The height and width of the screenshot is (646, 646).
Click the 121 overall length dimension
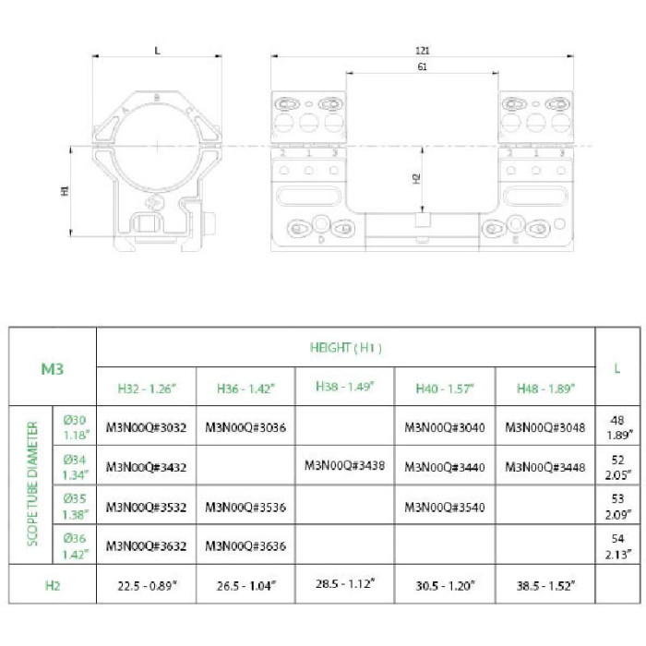point(424,51)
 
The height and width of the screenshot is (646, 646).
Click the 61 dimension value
point(421,67)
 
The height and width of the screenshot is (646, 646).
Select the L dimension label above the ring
point(157,51)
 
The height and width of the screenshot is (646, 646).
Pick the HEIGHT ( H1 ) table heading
point(346,348)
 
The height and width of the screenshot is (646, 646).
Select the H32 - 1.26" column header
point(146,388)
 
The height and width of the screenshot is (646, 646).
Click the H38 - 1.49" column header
point(345,386)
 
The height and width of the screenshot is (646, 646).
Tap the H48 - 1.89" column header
point(544,388)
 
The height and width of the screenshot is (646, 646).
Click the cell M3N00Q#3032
point(146,427)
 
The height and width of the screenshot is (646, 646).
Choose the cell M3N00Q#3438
point(344,466)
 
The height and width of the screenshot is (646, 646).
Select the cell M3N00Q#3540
point(445,506)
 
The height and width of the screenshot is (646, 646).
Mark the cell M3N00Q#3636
point(245,545)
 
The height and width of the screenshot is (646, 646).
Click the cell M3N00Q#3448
point(544,467)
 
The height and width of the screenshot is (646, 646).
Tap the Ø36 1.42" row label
point(75,546)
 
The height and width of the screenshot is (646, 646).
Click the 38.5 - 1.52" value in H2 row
point(544,585)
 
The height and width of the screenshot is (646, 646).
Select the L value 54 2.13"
point(617,546)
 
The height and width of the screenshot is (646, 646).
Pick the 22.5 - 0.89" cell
point(146,585)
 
